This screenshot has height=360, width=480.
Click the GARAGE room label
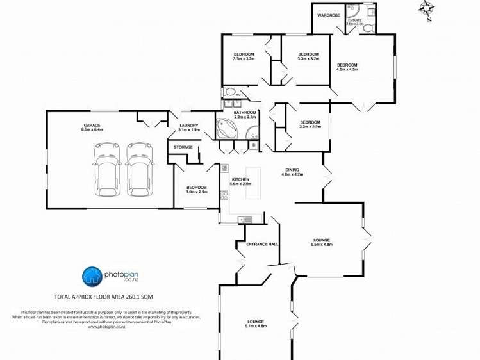92,127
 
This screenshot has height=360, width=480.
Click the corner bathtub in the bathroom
226,128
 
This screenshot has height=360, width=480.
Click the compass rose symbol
426,8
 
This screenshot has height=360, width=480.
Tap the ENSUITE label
355,21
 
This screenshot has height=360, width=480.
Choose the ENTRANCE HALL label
252,245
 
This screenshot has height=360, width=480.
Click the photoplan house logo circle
92,277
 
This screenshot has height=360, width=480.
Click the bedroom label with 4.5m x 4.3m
347,67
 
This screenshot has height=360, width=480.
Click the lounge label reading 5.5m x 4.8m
322,241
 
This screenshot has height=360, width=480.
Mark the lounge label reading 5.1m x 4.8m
256,323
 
